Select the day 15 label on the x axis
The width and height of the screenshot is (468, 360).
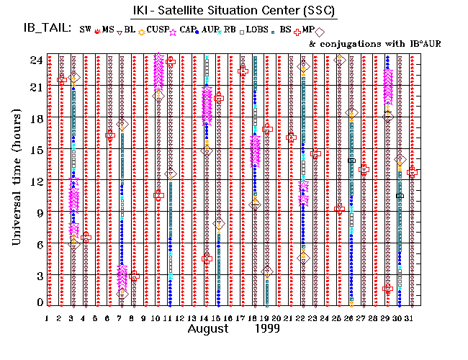click(217, 318)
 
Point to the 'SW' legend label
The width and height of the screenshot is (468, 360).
click(86, 29)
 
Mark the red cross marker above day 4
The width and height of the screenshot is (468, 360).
click(86, 237)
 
